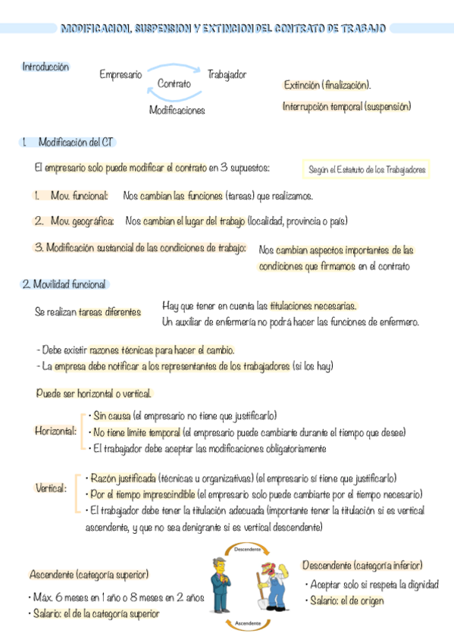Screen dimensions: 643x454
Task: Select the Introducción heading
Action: coord(45,67)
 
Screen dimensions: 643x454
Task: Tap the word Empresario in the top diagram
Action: coord(121,74)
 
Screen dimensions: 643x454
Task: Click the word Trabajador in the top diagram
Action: coord(227,74)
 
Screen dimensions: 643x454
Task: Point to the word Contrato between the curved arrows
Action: coord(174,83)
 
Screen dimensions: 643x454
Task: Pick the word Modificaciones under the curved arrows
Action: coord(177,110)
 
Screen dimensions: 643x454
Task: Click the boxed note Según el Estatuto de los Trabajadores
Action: coord(367,170)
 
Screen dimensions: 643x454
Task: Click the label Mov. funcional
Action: coord(80,196)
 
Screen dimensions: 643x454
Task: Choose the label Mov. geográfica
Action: coord(82,221)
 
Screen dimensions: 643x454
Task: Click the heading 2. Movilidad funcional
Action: coord(64,284)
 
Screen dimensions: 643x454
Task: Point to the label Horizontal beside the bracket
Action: coord(55,431)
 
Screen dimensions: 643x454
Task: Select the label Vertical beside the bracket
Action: coord(51,488)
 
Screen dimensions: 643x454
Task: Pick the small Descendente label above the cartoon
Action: coord(248,548)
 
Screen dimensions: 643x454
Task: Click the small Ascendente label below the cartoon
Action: coord(249,622)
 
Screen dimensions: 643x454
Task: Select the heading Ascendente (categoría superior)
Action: coord(89,574)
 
